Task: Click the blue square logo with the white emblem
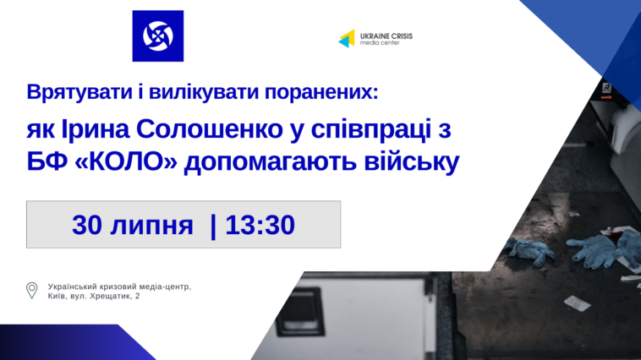click(x=158, y=36)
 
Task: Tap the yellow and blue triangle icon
click(x=347, y=38)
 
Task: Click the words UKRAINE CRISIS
click(x=386, y=36)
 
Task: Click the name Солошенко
click(x=210, y=129)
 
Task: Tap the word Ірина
click(x=96, y=129)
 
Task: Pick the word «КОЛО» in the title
click(x=126, y=161)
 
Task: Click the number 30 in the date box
click(x=87, y=225)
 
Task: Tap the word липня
click(x=151, y=226)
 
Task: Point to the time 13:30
click(x=260, y=225)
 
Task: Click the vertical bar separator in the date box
click(x=213, y=226)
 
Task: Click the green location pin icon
click(x=31, y=290)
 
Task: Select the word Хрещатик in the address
click(x=109, y=297)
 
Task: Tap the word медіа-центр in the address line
click(x=167, y=286)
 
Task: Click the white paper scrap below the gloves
click(x=578, y=303)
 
